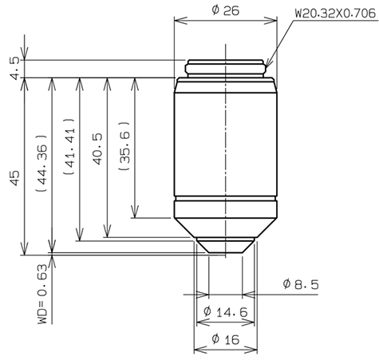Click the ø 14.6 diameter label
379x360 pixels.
coord(227,311)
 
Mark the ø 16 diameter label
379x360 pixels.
coord(227,339)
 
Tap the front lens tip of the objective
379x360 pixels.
coord(226,247)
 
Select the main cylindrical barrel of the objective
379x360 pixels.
coord(226,144)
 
